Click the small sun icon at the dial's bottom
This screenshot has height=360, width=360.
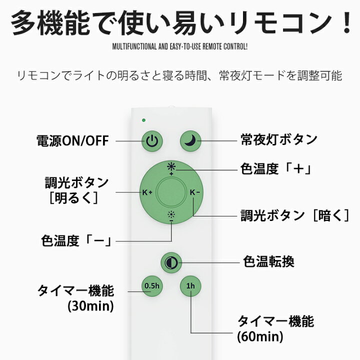click(171, 216)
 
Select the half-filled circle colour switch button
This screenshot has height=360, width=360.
click(171, 262)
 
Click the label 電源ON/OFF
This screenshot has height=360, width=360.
click(72, 140)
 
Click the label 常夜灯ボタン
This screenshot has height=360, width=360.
click(278, 139)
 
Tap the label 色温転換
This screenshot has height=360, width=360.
click(268, 261)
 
